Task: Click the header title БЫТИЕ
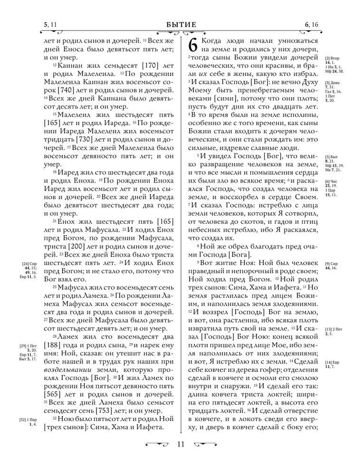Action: pos(181,25)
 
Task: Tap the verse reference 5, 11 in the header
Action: pos(49,25)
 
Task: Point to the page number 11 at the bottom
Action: pos(181,445)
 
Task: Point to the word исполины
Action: pos(299,116)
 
